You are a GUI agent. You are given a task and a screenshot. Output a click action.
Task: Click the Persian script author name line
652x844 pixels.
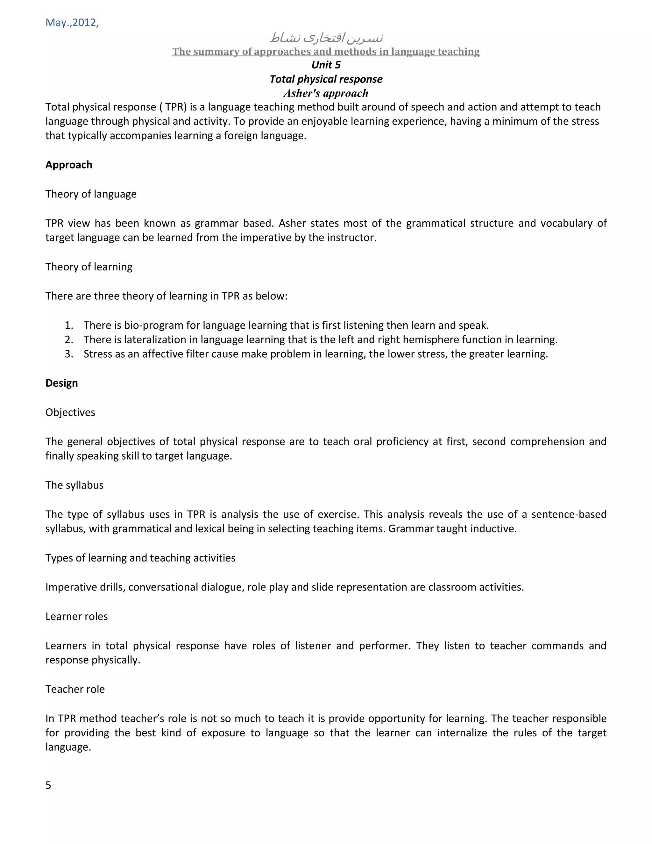point(326,38)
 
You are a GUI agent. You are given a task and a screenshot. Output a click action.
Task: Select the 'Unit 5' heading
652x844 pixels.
point(326,65)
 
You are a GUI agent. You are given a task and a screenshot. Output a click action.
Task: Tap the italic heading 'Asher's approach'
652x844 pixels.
point(326,93)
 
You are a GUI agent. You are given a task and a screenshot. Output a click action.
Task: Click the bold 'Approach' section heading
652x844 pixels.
point(69,165)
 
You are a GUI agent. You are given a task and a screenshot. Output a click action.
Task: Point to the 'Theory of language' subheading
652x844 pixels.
point(91,194)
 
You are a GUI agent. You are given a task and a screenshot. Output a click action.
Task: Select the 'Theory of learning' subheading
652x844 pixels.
point(89,267)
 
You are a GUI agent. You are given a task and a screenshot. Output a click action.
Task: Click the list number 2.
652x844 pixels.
point(69,340)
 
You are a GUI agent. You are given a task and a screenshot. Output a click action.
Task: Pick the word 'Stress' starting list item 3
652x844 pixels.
point(98,354)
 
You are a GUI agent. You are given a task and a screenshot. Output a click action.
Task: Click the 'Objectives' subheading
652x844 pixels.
point(70,412)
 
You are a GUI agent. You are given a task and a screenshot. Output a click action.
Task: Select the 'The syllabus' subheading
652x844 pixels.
point(74,485)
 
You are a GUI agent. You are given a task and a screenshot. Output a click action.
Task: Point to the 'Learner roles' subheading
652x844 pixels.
point(76,616)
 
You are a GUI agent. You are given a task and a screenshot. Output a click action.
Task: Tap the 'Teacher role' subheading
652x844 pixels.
point(75,689)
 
